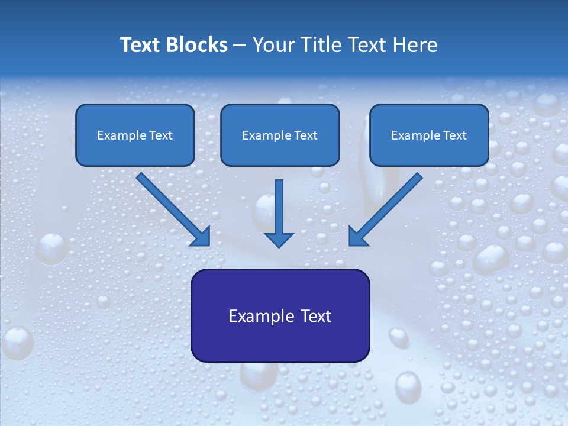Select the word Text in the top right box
coord(455,135)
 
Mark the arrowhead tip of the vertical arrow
coord(279,246)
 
